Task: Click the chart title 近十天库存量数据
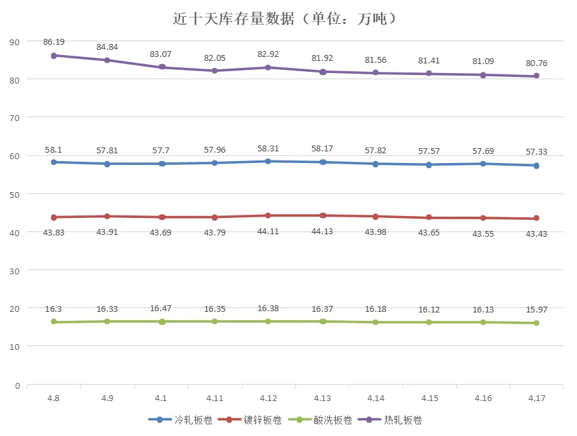[x=285, y=18]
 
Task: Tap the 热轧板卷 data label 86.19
[x=54, y=41]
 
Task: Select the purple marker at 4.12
[x=268, y=67]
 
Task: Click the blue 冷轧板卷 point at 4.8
[x=54, y=162]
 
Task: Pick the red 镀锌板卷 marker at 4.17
[x=536, y=219]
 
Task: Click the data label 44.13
[x=322, y=231]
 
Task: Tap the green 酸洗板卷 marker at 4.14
[x=376, y=322]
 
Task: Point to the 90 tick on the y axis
[x=15, y=41]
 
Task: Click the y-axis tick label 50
[x=15, y=194]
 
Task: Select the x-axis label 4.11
[x=215, y=398]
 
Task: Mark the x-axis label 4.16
[x=483, y=398]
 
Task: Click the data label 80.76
[x=536, y=63]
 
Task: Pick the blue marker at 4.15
[x=430, y=164]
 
